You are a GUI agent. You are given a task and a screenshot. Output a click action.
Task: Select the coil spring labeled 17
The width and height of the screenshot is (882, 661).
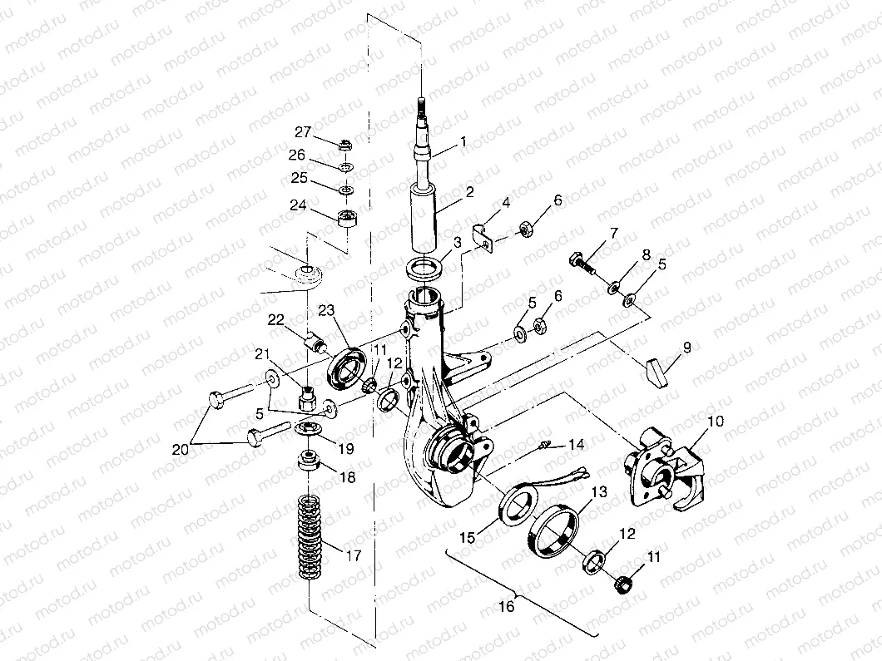point(310,537)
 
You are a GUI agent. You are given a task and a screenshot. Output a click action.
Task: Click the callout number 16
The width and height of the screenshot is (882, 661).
point(506,606)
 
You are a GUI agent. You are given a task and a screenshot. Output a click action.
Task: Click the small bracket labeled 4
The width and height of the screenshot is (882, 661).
point(482,234)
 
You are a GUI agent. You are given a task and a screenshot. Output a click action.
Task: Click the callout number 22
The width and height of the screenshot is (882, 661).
point(275,320)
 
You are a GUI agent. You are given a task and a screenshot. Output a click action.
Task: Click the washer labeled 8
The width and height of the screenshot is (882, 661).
point(612,288)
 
